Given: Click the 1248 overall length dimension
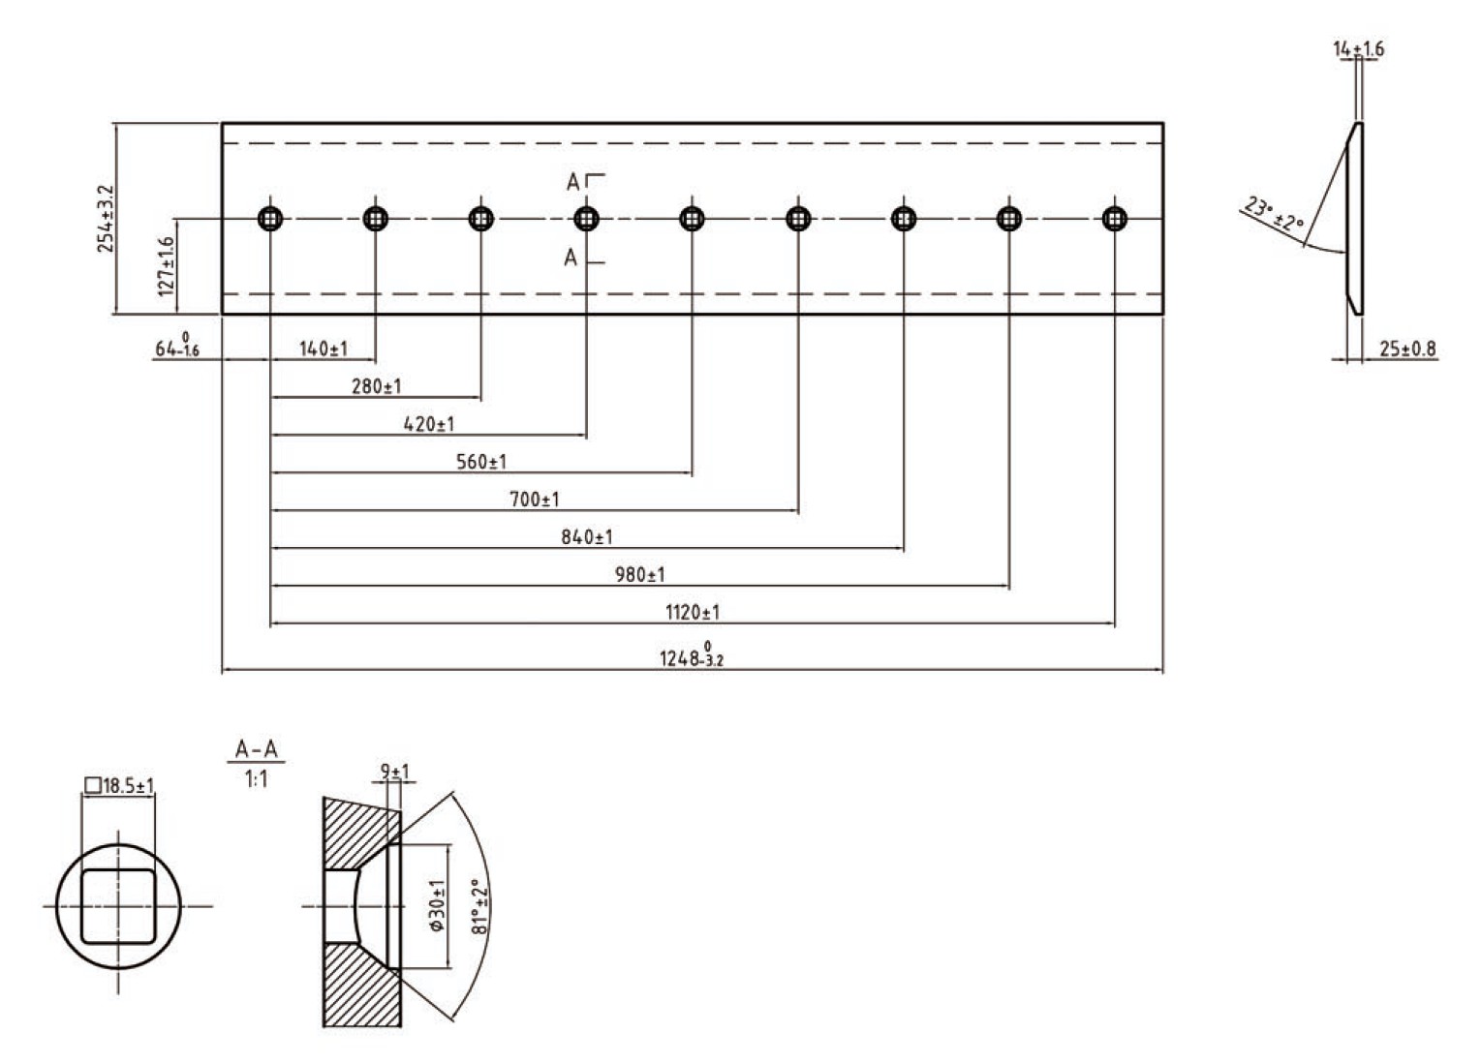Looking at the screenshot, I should [x=692, y=656].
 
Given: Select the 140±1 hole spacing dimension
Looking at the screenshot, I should [x=324, y=349].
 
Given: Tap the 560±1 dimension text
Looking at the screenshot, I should [x=481, y=462].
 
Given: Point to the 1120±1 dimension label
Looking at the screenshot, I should [x=692, y=612].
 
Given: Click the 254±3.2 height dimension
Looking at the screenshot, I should [x=106, y=219].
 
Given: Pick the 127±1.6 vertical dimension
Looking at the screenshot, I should [x=167, y=265].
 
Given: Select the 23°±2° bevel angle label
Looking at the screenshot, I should [x=1274, y=219].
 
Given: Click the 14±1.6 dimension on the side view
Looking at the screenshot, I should [x=1359, y=48].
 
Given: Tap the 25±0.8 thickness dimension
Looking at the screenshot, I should [x=1407, y=349].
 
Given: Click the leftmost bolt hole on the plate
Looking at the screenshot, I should [x=271, y=219].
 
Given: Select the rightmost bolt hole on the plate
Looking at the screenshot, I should [x=1115, y=219].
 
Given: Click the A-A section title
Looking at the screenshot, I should [x=257, y=749].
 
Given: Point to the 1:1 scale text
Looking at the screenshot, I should [x=256, y=778].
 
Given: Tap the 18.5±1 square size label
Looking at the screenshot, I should [x=121, y=786].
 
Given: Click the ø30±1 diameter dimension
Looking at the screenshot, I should [x=437, y=905].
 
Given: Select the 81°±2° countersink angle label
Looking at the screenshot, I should [x=479, y=906].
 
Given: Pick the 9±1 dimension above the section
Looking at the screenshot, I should [x=395, y=772].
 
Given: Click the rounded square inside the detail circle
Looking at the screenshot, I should [x=118, y=906].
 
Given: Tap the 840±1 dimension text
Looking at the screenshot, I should [x=587, y=537].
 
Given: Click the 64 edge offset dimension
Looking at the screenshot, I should [x=177, y=347].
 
